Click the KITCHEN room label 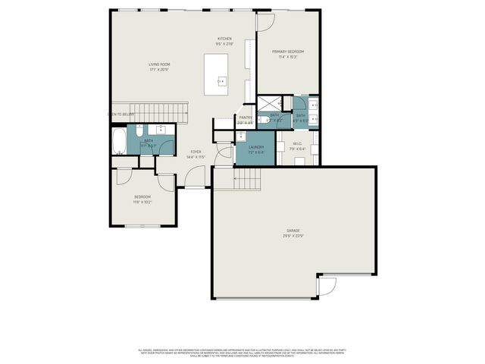pos(224,39)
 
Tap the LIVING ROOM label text pos(159,64)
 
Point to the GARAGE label pos(293,230)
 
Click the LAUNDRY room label pos(255,147)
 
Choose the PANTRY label pos(246,117)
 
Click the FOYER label pos(196,152)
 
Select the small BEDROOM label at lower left pos(142,197)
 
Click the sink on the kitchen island pos(222,80)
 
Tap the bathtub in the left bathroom pos(119,140)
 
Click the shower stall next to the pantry pos(269,104)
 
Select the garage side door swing pos(327,287)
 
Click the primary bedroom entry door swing pos(265,22)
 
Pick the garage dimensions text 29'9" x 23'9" pos(293,235)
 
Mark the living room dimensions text pos(159,70)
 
